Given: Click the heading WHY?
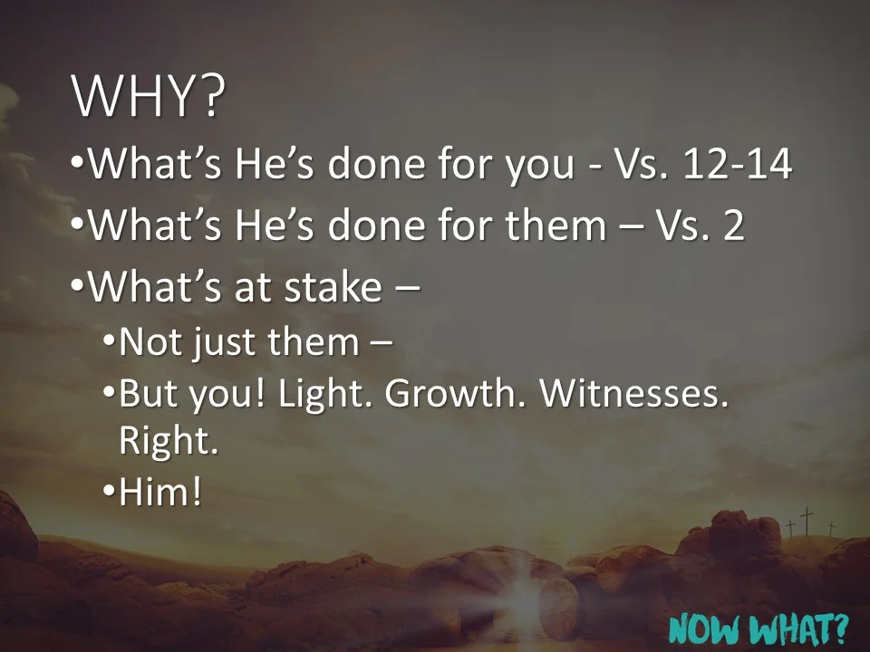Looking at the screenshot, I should pyautogui.click(x=147, y=97).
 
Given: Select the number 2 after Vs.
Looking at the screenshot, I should pyautogui.click(x=733, y=225).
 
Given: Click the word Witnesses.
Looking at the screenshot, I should pyautogui.click(x=638, y=395).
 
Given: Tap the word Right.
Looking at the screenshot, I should pyautogui.click(x=169, y=441).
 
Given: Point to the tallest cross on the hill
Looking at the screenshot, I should pyautogui.click(x=806, y=521).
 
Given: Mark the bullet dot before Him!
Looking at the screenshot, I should pyautogui.click(x=108, y=494).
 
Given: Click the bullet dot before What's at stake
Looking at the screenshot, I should pyautogui.click(x=77, y=288).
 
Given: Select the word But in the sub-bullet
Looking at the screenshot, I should pyautogui.click(x=149, y=395).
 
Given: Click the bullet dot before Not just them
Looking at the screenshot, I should pyautogui.click(x=108, y=344).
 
